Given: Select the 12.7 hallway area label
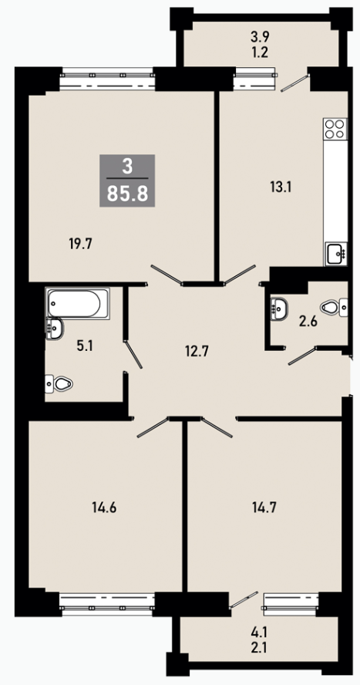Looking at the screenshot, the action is click(196, 351).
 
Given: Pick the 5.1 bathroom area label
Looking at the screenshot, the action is click(85, 347).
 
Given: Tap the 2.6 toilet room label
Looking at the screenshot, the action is click(308, 324).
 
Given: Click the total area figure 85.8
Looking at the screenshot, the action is click(127, 194).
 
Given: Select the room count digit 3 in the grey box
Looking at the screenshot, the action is click(127, 167).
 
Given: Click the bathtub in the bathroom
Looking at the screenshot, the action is click(78, 302).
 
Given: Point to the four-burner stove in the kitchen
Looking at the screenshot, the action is click(335, 128).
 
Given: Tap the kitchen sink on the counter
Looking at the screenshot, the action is click(336, 253).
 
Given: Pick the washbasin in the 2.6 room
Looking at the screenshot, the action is click(279, 308).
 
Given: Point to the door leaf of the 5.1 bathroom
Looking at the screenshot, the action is click(134, 354).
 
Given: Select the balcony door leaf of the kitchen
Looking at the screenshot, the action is click(295, 83).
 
